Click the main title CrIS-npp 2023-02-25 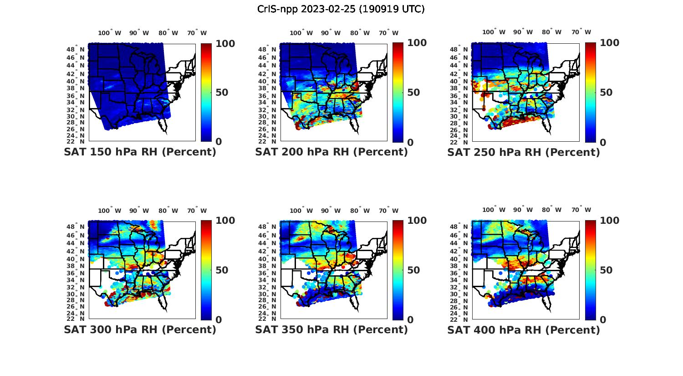341,9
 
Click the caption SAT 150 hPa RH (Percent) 140,152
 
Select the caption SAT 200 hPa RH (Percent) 331,152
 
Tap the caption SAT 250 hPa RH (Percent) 524,152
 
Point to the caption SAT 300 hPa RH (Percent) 140,330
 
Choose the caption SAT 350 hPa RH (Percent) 331,330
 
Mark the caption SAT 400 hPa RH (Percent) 524,330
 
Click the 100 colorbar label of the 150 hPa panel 225,44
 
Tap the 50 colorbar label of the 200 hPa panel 413,93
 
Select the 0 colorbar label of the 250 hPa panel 603,142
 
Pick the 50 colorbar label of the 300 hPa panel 222,270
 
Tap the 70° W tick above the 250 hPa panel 581,32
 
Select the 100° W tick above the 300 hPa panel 109,211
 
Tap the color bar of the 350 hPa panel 398,270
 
